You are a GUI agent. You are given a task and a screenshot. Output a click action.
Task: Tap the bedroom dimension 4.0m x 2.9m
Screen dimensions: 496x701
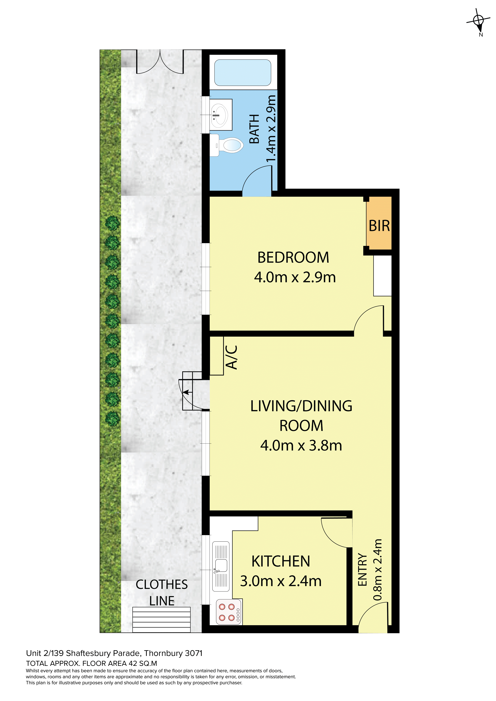[295, 277]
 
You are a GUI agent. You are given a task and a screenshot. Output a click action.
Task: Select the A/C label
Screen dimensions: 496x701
[231, 357]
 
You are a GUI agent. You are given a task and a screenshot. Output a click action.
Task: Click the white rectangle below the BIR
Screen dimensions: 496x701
[382, 275]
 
